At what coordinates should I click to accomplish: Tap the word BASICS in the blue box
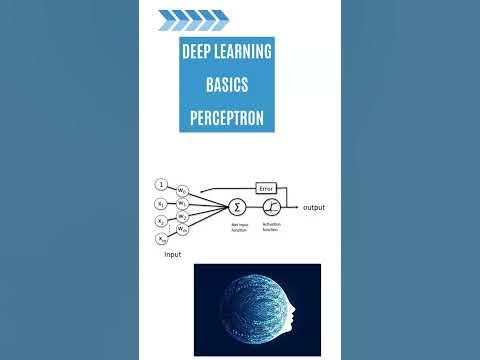pyautogui.click(x=227, y=86)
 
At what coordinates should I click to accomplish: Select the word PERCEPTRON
pyautogui.click(x=227, y=119)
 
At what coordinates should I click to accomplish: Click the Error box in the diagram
pyautogui.click(x=265, y=188)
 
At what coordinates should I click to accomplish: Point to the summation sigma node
pyautogui.click(x=237, y=206)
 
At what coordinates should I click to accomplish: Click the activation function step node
pyautogui.click(x=270, y=206)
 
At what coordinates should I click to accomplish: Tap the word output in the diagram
pyautogui.click(x=313, y=207)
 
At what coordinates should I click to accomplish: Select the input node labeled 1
pyautogui.click(x=161, y=185)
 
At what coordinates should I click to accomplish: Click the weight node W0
pyautogui.click(x=183, y=190)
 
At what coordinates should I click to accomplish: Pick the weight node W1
pyautogui.click(x=183, y=203)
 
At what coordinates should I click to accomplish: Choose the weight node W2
pyautogui.click(x=183, y=216)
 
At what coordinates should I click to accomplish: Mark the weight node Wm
pyautogui.click(x=183, y=230)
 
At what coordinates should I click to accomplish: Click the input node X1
pyautogui.click(x=161, y=202)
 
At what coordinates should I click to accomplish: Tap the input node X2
pyautogui.click(x=161, y=220)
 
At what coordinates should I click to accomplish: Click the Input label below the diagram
pyautogui.click(x=172, y=256)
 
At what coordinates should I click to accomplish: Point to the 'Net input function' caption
pyautogui.click(x=237, y=228)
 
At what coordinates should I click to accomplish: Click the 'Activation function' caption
pyautogui.click(x=271, y=228)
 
